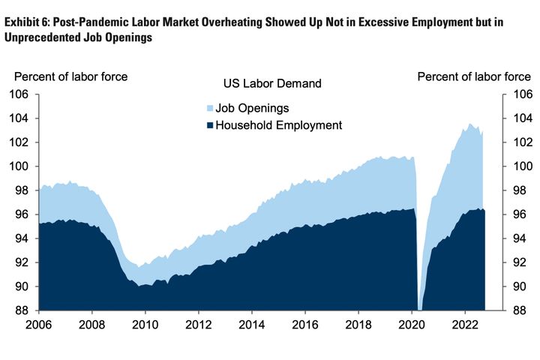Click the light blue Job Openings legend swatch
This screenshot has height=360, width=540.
click(x=209, y=108)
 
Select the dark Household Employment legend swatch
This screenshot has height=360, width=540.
click(x=209, y=125)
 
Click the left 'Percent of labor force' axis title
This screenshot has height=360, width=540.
click(x=70, y=76)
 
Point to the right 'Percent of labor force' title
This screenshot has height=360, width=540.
click(x=474, y=76)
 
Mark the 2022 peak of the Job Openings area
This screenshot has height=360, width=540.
click(x=470, y=124)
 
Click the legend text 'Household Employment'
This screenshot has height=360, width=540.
click(x=278, y=125)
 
